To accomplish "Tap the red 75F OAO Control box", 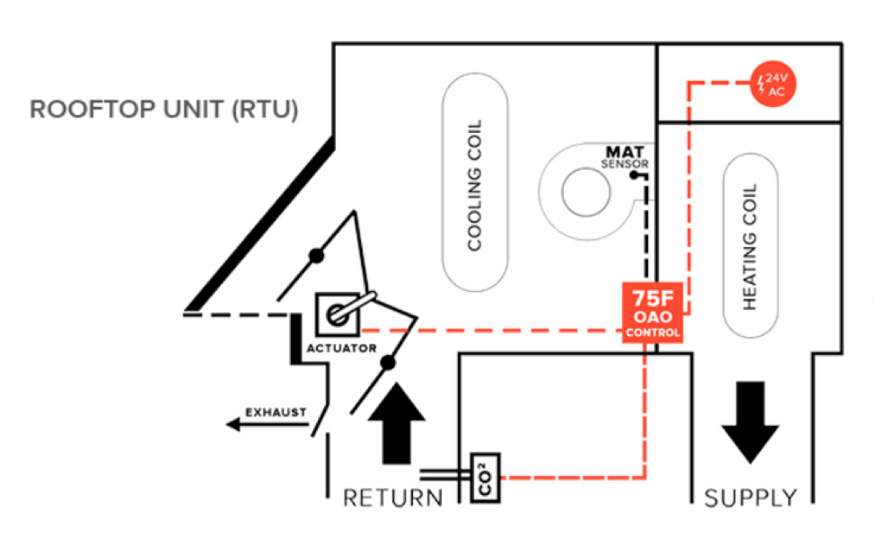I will (652, 312).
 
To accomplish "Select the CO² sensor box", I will (484, 478).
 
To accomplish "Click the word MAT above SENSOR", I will (625, 150).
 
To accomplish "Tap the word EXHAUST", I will (275, 412).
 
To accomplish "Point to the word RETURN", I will (392, 498).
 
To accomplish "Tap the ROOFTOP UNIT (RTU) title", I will (164, 109).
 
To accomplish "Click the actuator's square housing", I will (337, 314).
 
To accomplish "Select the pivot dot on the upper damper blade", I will (316, 256).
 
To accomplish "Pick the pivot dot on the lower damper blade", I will (387, 363).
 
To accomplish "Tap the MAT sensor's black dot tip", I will (633, 175).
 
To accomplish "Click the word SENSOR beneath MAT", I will (624, 164).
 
